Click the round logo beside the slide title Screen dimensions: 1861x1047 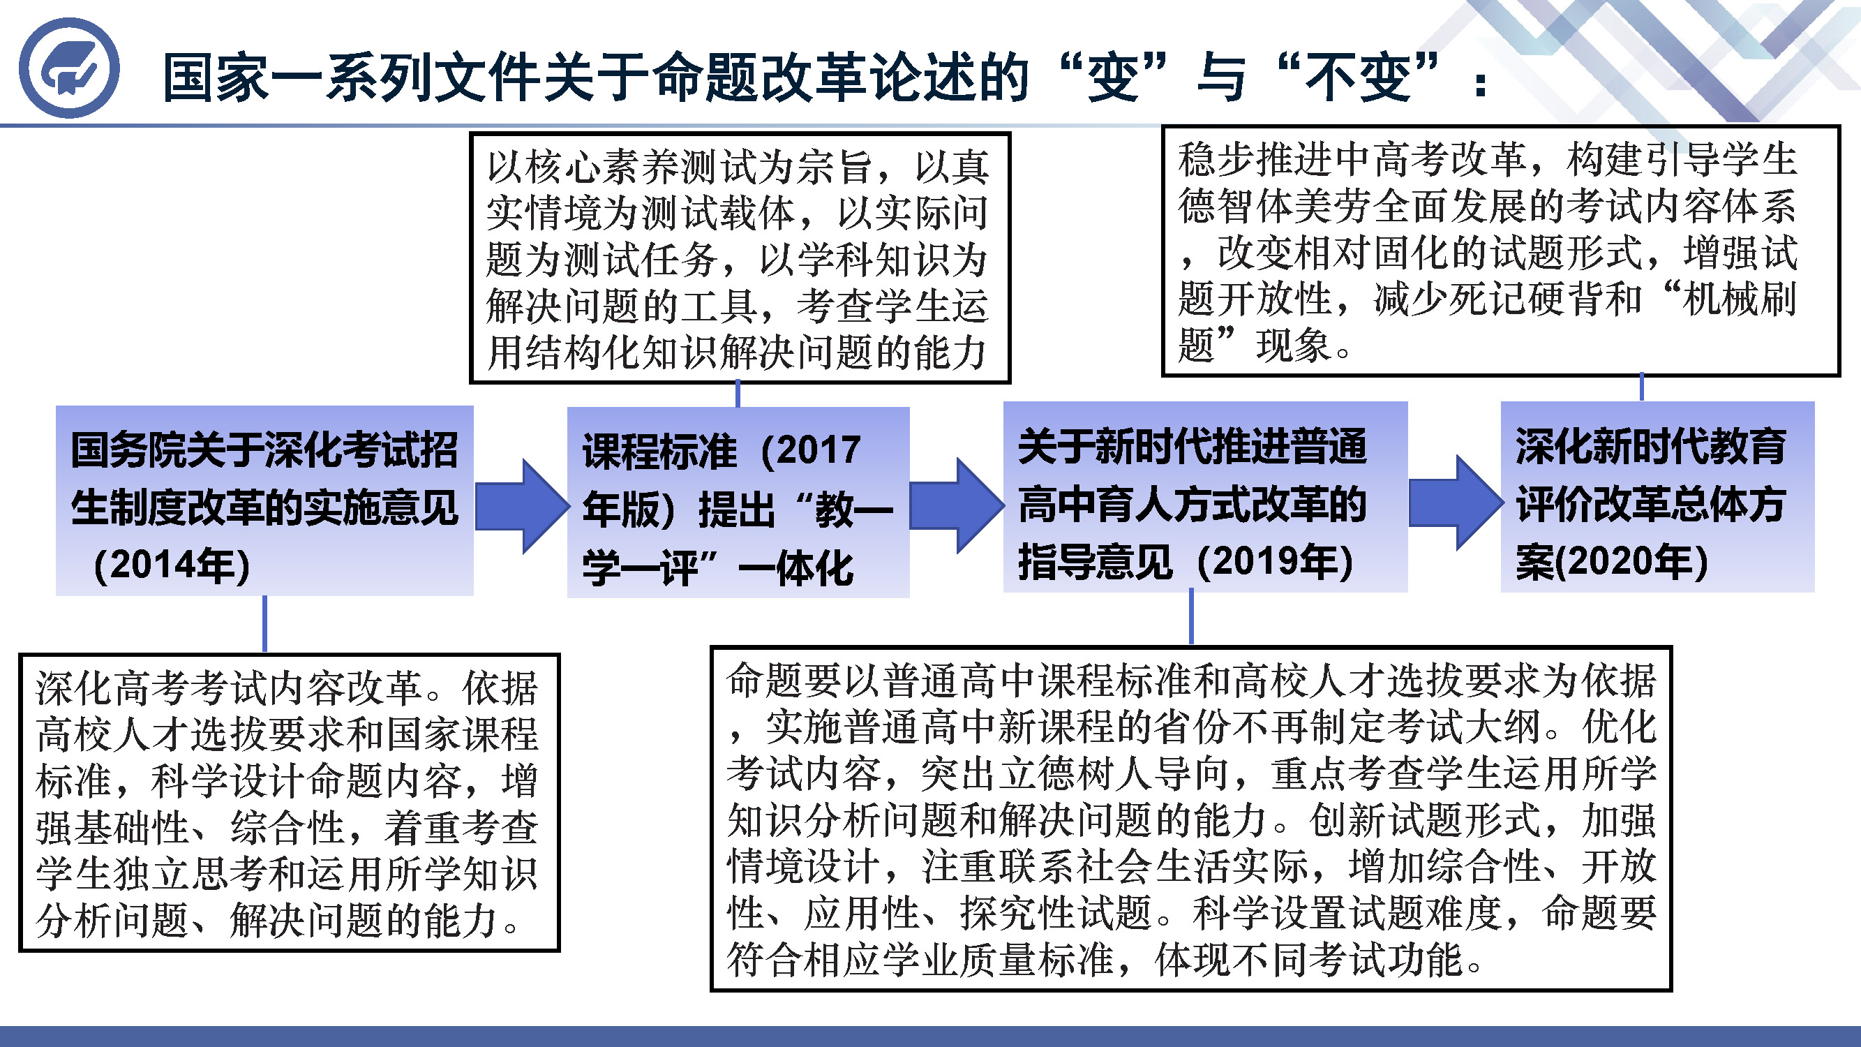pyautogui.click(x=68, y=68)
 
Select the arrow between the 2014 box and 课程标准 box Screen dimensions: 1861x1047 pyautogui.click(x=523, y=506)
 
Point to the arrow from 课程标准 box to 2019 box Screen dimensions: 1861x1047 pyautogui.click(x=957, y=505)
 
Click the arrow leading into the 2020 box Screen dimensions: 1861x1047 pyautogui.click(x=1455, y=502)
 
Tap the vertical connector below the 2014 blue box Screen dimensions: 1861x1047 pyautogui.click(x=264, y=624)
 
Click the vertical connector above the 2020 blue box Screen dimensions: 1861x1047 pyautogui.click(x=1641, y=387)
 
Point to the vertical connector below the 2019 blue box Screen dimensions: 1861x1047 pyautogui.click(x=1191, y=616)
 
